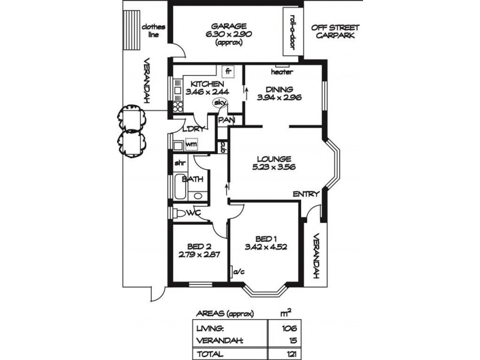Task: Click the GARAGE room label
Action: [x=228, y=26]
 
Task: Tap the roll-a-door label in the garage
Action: [x=293, y=31]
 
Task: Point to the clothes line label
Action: [x=149, y=31]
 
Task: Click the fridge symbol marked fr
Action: [x=227, y=71]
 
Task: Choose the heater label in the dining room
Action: [x=281, y=72]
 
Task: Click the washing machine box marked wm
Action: [x=191, y=144]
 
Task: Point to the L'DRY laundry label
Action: [x=195, y=130]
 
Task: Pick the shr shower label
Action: [x=179, y=163]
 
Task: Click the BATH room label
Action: [x=193, y=179]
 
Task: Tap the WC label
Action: [x=193, y=213]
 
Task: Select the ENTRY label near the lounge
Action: [x=305, y=194]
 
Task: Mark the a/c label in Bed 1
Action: [x=239, y=271]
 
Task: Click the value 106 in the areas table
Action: [x=289, y=328]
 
